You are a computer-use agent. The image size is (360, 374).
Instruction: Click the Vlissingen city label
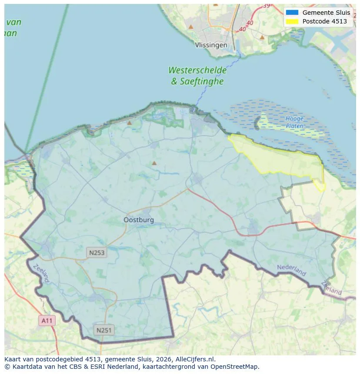(x=211, y=45)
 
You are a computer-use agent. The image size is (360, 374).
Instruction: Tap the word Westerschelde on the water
(x=197, y=70)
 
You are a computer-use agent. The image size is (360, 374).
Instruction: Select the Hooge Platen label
(x=294, y=122)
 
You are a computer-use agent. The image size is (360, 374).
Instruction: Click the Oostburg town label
(x=139, y=220)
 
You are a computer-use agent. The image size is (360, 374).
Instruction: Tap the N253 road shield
(x=97, y=252)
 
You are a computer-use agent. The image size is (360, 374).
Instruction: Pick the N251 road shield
(x=104, y=330)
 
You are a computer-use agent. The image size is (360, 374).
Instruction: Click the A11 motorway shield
(x=47, y=321)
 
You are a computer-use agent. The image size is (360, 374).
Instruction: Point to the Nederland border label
(x=291, y=270)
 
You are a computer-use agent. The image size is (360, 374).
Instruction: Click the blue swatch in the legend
(x=292, y=13)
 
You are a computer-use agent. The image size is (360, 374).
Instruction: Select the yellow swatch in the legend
(x=292, y=21)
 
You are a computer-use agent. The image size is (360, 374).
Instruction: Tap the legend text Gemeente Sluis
(x=326, y=13)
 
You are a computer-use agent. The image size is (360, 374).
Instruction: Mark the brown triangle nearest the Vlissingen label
(x=190, y=27)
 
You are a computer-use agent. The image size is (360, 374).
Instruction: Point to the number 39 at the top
(x=267, y=5)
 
